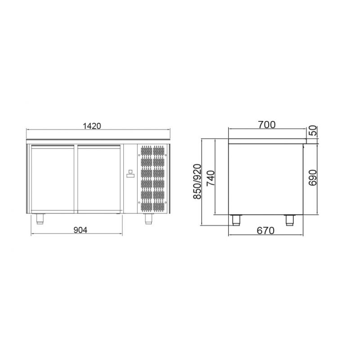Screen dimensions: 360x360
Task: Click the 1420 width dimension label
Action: point(92,126)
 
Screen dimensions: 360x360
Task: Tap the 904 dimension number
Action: point(81,230)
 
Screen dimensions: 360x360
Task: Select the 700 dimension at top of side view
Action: point(266,125)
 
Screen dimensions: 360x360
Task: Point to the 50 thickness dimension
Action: point(312,130)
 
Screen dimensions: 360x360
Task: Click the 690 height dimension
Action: point(313,178)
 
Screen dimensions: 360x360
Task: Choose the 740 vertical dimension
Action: point(210,178)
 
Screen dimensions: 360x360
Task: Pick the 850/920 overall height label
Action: point(197,181)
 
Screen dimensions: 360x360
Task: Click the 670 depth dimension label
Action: point(265,230)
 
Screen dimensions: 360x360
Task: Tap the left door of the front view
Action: point(53,179)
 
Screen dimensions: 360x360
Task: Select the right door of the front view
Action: point(99,179)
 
